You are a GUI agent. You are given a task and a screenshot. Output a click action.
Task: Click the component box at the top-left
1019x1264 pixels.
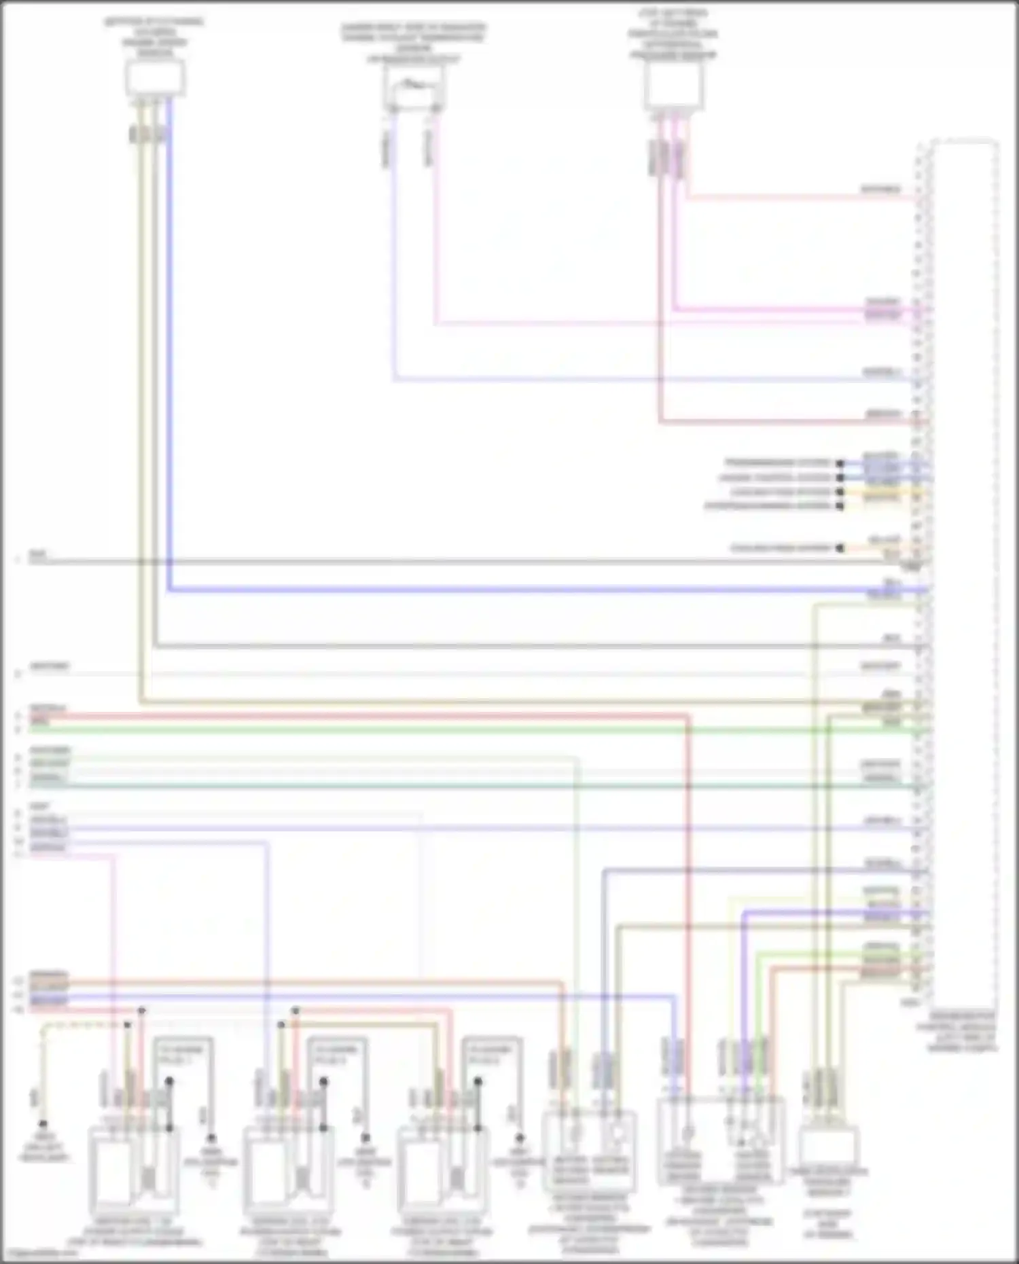pos(155,78)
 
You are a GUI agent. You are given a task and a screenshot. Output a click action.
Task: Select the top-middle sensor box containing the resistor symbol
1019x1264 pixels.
pos(412,90)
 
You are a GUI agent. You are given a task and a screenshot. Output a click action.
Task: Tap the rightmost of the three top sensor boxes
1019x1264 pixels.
pos(673,86)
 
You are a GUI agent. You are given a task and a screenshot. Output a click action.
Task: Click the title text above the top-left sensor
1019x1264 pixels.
pos(155,37)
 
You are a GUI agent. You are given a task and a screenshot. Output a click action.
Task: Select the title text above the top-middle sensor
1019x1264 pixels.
pos(413,43)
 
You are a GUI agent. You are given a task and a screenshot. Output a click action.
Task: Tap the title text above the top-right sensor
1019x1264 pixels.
pos(673,34)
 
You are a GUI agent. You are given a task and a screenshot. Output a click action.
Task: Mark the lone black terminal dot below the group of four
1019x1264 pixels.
pos(840,547)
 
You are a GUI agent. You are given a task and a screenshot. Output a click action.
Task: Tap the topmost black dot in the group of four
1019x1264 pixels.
pos(840,463)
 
